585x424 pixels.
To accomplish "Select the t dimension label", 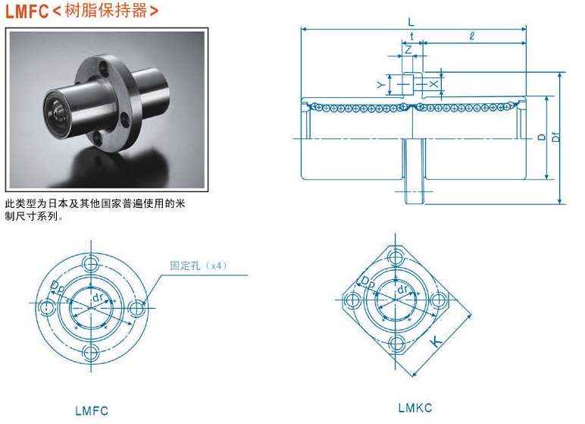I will [411, 36].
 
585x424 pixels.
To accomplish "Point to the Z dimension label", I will [408, 49].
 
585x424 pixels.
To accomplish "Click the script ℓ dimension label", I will [471, 36].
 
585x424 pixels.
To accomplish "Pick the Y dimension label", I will [381, 85].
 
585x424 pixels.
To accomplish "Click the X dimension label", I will [433, 84].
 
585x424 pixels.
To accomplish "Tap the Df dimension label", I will [555, 138].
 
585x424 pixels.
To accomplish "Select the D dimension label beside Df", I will [540, 138].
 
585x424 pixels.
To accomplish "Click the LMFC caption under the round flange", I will [92, 411].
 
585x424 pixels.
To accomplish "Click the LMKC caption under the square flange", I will [415, 407].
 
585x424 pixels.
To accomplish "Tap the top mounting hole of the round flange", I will [92, 263].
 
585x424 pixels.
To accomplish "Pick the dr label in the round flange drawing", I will [97, 297].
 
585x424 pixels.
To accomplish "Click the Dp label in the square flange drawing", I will [367, 281].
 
